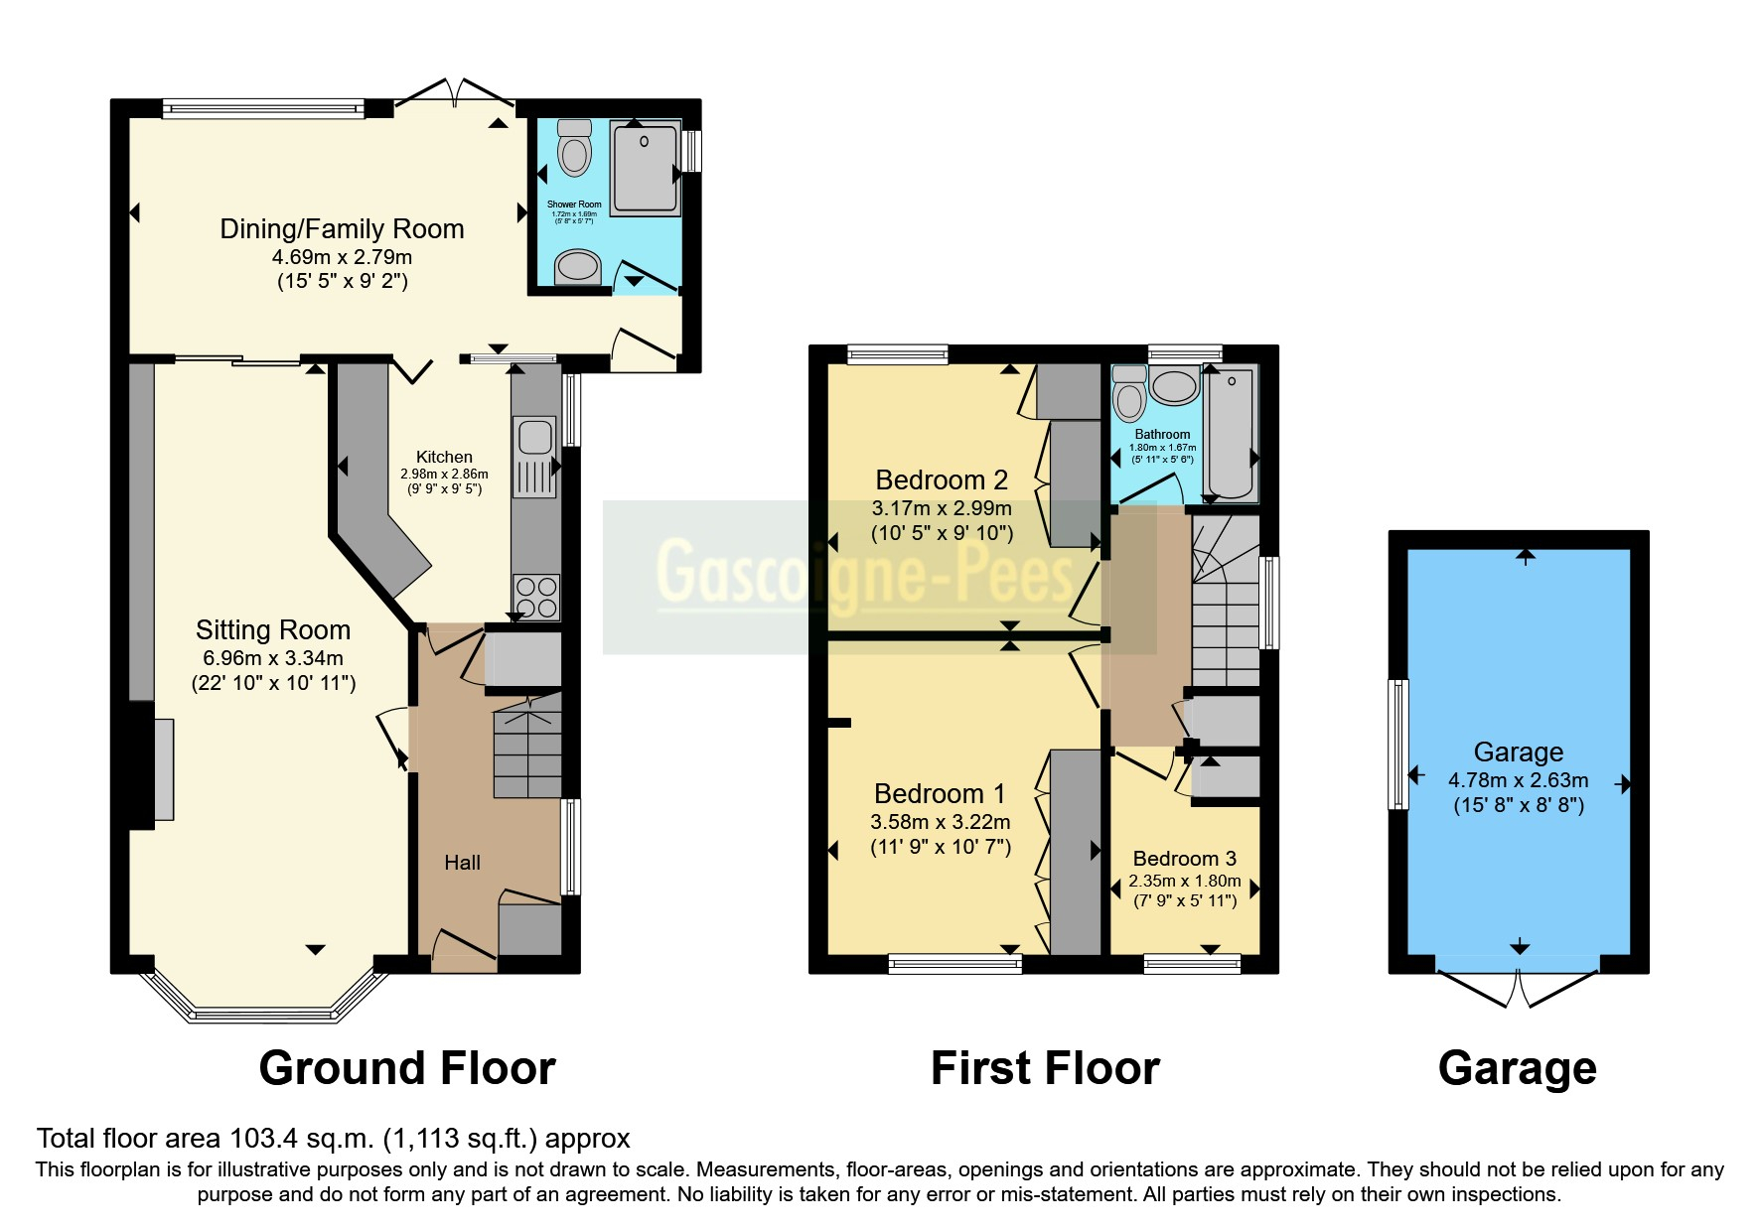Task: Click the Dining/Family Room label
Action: [342, 229]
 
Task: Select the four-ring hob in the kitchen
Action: [536, 597]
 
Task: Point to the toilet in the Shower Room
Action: [574, 149]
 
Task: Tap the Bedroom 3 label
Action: [1184, 859]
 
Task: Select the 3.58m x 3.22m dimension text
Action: [940, 822]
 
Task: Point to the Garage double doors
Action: [1518, 983]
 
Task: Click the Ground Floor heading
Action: [407, 1069]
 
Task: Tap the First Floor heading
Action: [1045, 1069]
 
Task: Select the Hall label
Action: [462, 864]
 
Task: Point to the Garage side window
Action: [1398, 745]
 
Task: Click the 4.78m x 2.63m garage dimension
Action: [1518, 780]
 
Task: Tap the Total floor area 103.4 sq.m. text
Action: [333, 1139]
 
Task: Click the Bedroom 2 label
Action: [941, 480]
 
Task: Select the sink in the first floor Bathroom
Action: [1174, 386]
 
